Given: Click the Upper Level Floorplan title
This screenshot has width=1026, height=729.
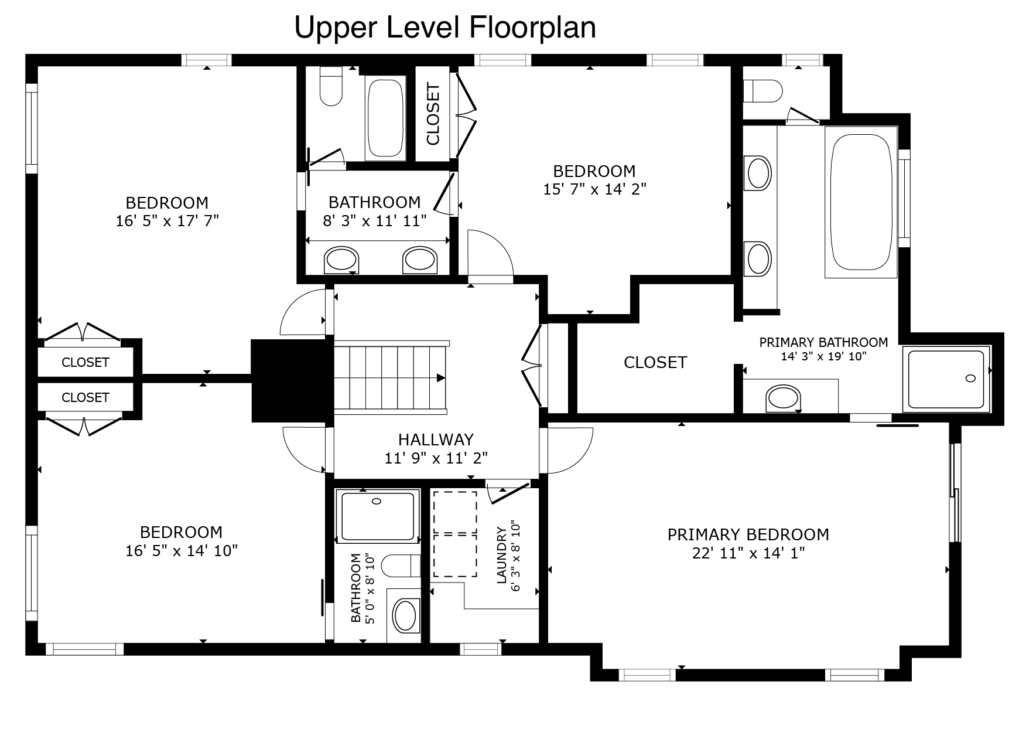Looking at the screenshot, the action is tap(445, 28).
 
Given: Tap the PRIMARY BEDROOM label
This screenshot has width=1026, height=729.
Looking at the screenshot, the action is tap(748, 534).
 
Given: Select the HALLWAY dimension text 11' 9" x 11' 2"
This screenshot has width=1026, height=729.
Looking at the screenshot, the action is tap(436, 458).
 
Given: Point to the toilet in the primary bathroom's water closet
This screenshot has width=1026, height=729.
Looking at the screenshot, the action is tap(762, 91).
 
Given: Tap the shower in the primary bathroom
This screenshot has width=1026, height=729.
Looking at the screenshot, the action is tap(946, 379).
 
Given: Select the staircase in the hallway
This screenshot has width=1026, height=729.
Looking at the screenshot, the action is tap(391, 377).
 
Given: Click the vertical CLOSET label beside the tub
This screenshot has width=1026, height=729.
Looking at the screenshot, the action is tap(433, 115).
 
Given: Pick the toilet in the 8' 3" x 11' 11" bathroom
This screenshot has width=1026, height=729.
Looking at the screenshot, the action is tap(331, 87).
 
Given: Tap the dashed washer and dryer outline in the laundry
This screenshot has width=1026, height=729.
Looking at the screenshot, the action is tap(455, 534).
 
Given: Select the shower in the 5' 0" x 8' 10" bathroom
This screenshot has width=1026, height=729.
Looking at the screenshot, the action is tap(378, 515).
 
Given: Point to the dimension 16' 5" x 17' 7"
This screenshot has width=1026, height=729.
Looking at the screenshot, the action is tap(167, 221).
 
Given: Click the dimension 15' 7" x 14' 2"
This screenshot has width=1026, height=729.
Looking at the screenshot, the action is tap(594, 189).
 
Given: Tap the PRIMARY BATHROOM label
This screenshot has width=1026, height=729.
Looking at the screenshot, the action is tap(823, 342).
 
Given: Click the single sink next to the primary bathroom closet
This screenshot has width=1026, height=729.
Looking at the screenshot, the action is tap(783, 398).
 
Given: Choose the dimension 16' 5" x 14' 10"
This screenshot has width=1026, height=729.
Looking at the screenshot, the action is tap(182, 550).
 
